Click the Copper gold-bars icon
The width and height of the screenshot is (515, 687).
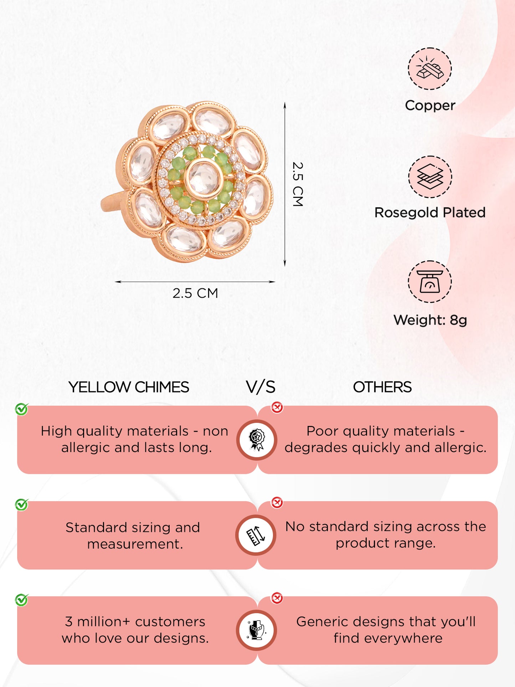[x=430, y=68]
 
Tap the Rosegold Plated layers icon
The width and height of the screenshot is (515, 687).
[x=430, y=177]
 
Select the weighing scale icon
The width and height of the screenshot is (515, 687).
[x=430, y=282]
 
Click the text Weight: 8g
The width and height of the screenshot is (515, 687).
[x=430, y=320]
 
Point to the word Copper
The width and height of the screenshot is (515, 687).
[x=430, y=105]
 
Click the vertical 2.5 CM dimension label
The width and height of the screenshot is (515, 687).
[x=298, y=184]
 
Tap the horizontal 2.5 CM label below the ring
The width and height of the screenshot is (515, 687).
[x=195, y=293]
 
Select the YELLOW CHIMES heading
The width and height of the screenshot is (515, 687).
[x=129, y=387]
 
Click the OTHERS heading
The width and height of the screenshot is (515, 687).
[x=382, y=387]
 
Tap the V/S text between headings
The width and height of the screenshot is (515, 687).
[x=261, y=387]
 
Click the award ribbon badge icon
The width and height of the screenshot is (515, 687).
[x=257, y=440]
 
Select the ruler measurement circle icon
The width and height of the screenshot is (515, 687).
[x=256, y=535]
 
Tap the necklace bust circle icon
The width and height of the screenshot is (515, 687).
[x=256, y=630]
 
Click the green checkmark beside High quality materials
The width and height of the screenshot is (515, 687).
[x=21, y=409]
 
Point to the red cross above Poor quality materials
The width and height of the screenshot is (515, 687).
[x=277, y=407]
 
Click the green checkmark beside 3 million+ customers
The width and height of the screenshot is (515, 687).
[x=21, y=600]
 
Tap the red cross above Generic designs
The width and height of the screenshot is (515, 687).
[x=277, y=598]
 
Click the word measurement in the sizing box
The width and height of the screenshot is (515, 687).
[x=135, y=544]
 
